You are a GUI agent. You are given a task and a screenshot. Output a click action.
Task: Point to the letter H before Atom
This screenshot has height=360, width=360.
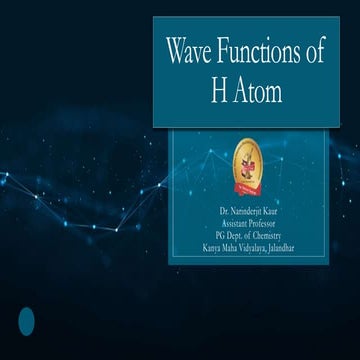click(x=218, y=92)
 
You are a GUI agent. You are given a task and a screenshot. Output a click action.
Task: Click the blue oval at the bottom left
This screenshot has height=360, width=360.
click(x=27, y=321)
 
